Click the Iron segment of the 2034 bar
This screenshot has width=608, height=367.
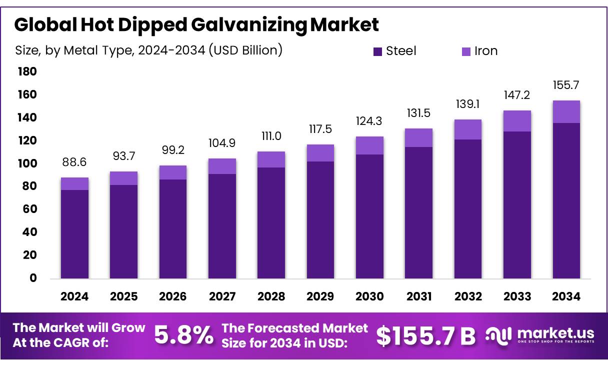point(566,112)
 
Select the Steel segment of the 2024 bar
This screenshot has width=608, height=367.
point(74,233)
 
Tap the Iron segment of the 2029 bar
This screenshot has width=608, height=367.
point(320,153)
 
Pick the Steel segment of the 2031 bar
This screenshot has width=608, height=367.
point(419,212)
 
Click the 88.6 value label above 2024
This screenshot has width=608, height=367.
point(74,163)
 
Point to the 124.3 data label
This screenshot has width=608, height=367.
point(369,121)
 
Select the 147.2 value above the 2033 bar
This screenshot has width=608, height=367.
point(517,95)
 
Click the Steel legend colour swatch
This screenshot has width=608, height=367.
point(377,51)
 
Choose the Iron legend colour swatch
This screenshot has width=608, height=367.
point(466,51)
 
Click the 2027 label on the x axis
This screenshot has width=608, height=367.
point(222,296)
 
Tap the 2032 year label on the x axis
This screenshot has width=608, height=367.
point(468,296)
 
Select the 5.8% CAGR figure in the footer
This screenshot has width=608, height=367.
point(183,336)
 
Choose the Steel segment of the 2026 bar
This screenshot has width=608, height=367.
point(173,228)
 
